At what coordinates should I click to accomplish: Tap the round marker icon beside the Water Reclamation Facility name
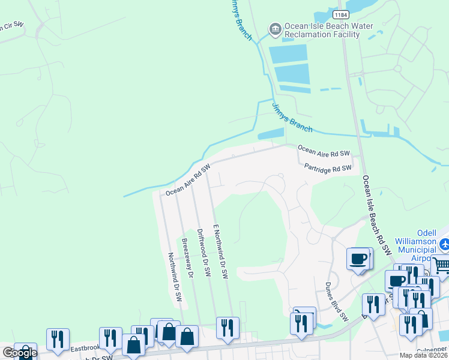point(275,28)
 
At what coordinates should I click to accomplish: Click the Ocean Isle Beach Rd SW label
point(376,214)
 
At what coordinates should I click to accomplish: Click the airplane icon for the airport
point(445,244)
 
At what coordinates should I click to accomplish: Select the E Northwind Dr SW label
point(220,249)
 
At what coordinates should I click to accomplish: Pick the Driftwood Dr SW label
point(204,253)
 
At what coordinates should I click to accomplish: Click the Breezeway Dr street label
point(187,257)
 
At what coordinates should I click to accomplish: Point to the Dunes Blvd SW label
point(337,302)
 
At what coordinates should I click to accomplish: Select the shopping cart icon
point(441,265)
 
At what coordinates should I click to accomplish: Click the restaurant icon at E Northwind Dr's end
point(228,328)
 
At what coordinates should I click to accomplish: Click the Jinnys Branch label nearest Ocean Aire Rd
point(292,118)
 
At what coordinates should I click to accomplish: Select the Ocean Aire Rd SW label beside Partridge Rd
point(324,151)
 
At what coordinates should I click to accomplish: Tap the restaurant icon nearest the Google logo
point(58,339)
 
